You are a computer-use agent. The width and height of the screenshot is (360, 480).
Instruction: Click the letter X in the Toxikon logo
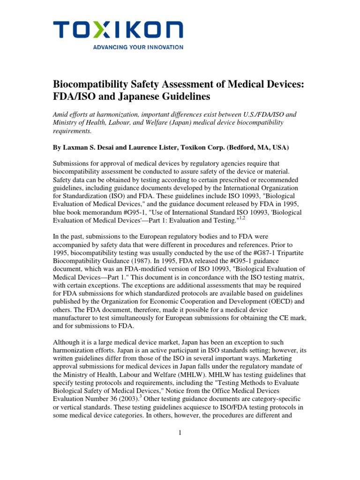[99, 31]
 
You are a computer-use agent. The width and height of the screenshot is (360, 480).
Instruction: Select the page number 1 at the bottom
[180, 433]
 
